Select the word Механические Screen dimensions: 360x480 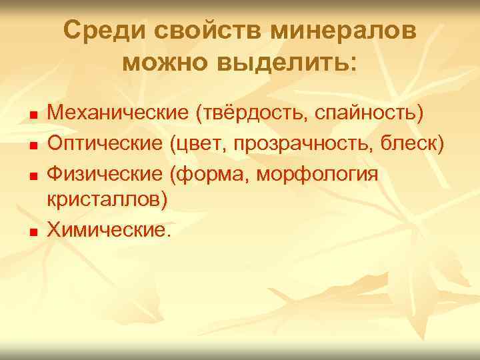point(118,113)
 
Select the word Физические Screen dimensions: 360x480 point(105,173)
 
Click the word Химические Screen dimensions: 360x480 point(108,230)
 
